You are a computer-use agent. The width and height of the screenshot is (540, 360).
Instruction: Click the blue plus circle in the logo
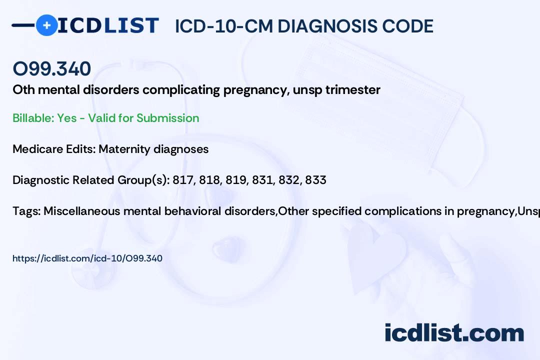47,25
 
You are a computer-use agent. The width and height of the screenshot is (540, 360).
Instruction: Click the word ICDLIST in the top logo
108,25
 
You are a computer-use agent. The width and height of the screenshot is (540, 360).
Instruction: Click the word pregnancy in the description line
256,90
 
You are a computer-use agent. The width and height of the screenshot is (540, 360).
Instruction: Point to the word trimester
353,89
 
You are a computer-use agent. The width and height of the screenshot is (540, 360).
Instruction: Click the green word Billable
33,118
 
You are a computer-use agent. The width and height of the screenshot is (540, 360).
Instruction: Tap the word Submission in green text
167,118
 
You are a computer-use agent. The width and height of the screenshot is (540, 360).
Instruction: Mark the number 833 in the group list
315,180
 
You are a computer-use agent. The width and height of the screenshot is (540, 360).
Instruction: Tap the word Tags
26,211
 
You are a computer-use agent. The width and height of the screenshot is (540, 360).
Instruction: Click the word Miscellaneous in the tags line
82,211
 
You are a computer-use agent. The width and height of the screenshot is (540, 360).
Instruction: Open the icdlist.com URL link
87,258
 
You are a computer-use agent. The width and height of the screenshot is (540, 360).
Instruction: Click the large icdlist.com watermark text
454,332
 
